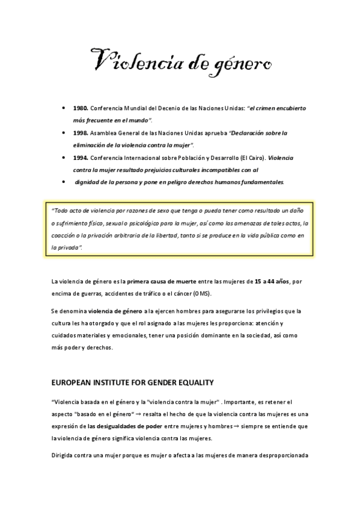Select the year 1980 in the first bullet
80,108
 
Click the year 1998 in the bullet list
80,133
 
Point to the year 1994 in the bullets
80,158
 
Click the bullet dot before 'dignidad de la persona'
64,182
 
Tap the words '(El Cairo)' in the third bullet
251,158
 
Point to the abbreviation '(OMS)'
200,293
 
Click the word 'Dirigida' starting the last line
64,455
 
